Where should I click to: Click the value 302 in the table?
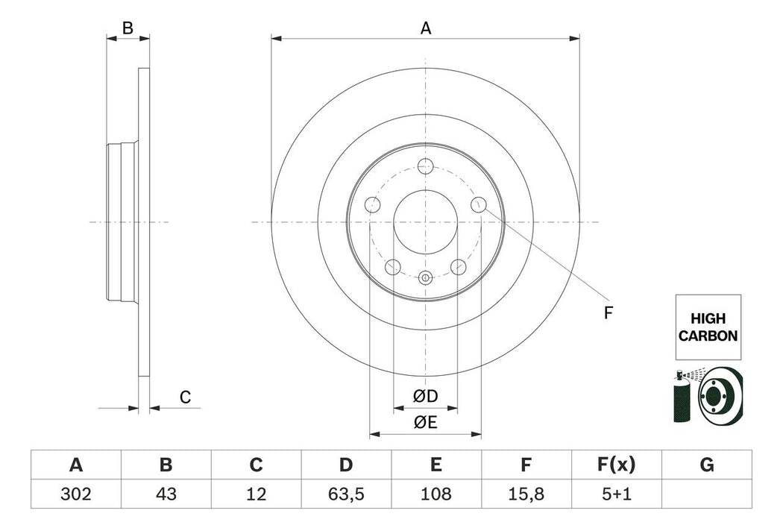click(x=75, y=494)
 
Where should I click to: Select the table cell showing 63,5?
click(x=345, y=494)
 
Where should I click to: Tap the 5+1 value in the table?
click(x=616, y=494)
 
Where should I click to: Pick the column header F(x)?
click(x=616, y=465)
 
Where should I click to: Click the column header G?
click(x=706, y=465)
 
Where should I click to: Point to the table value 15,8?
click(x=526, y=494)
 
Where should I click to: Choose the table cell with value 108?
click(x=435, y=494)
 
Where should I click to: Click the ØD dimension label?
click(x=426, y=394)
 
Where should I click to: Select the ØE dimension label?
click(x=426, y=423)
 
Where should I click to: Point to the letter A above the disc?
click(x=426, y=28)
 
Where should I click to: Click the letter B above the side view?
click(x=128, y=28)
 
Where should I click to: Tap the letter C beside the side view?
click(x=186, y=397)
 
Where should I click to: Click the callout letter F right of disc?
click(x=608, y=313)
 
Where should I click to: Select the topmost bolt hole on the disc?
click(x=426, y=166)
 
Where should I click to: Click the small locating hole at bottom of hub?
click(x=426, y=278)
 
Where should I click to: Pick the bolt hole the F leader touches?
click(x=479, y=204)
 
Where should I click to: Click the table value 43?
click(x=166, y=494)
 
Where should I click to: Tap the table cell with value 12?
click(x=256, y=494)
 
